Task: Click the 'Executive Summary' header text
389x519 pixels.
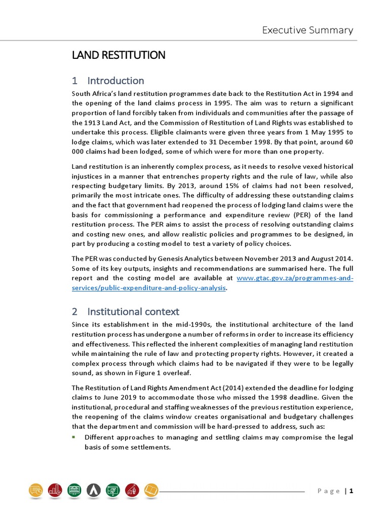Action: (x=307, y=30)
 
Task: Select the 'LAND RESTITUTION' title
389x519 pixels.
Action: (x=119, y=55)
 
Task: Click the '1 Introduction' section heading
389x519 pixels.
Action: (x=108, y=81)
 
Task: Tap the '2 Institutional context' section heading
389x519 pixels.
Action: (x=126, y=311)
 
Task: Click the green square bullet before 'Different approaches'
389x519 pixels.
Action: (x=74, y=437)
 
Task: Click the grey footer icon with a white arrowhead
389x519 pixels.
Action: (x=93, y=490)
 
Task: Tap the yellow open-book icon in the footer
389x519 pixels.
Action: (x=151, y=490)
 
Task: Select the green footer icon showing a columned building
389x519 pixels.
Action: (x=74, y=490)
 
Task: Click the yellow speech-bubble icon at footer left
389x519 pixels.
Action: (x=36, y=490)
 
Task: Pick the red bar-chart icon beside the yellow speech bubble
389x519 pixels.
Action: (x=55, y=490)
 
